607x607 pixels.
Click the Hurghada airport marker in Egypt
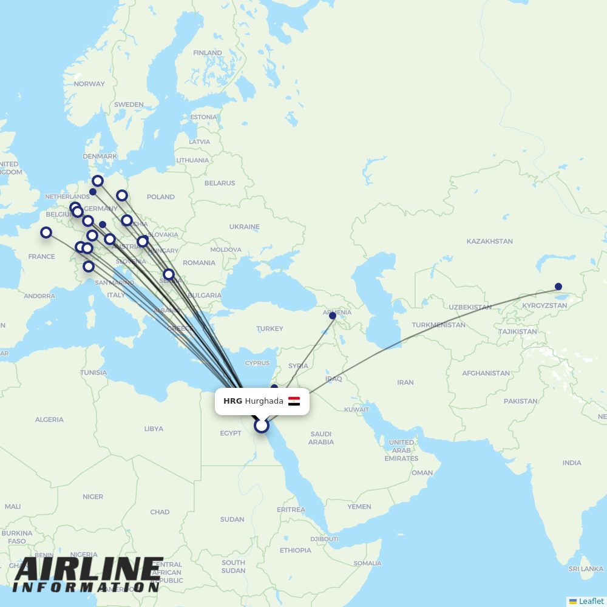click(x=262, y=426)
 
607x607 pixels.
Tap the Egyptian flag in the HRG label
click(x=294, y=401)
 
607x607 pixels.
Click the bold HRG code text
click(x=232, y=401)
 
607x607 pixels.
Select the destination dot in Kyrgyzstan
click(x=558, y=287)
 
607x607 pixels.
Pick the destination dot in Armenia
click(x=333, y=316)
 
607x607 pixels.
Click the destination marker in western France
click(x=46, y=232)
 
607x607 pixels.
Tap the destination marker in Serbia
click(x=169, y=274)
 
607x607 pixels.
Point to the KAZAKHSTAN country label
click(x=489, y=242)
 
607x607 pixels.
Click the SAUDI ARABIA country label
click(x=320, y=438)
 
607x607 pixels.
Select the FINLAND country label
click(x=208, y=53)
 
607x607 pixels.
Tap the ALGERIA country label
click(x=49, y=419)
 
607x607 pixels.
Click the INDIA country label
click(x=571, y=463)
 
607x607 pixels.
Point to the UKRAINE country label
click(x=244, y=227)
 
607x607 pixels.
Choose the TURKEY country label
click(x=270, y=328)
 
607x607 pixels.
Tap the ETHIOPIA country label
click(x=296, y=551)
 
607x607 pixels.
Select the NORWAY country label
click(x=89, y=84)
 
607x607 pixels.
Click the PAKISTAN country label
click(x=520, y=401)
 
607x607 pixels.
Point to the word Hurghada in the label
click(x=264, y=401)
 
